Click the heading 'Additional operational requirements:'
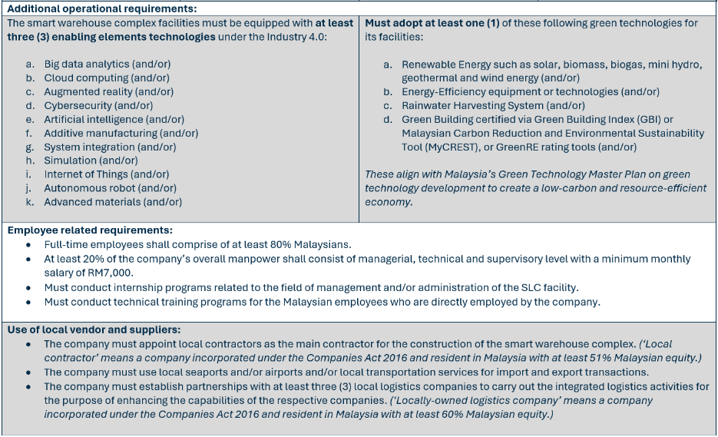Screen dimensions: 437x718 pos(101,8)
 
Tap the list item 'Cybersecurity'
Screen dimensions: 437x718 pos(78,106)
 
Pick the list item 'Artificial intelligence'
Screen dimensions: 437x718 pos(93,120)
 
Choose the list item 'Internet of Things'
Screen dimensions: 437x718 pos(86,174)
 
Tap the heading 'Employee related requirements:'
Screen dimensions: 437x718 pos(90,230)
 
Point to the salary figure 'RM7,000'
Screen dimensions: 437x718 pos(111,273)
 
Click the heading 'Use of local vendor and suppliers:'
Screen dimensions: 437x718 pos(94,329)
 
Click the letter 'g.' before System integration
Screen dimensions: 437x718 pos(30,147)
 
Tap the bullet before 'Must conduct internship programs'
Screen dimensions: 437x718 pos(28,287)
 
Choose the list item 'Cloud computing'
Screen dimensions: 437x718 pos(86,78)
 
